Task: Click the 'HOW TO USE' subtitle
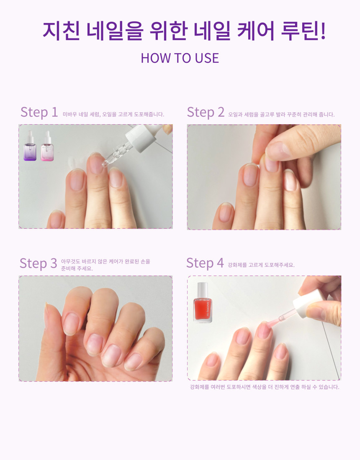pyautogui.click(x=180, y=58)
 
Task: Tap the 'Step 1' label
pyautogui.click(x=39, y=112)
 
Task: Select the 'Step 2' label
pyautogui.click(x=206, y=112)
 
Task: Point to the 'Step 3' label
pyautogui.click(x=38, y=263)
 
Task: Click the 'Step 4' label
pyautogui.click(x=205, y=263)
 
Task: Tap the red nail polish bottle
pyautogui.click(x=203, y=302)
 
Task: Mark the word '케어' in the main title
pyautogui.click(x=256, y=31)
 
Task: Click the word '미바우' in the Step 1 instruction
pyautogui.click(x=69, y=115)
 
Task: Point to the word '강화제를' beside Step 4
pyautogui.click(x=237, y=265)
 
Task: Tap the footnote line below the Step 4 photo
pyautogui.click(x=265, y=387)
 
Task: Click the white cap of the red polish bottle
pyautogui.click(x=203, y=289)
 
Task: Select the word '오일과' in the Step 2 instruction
pyautogui.click(x=235, y=115)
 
